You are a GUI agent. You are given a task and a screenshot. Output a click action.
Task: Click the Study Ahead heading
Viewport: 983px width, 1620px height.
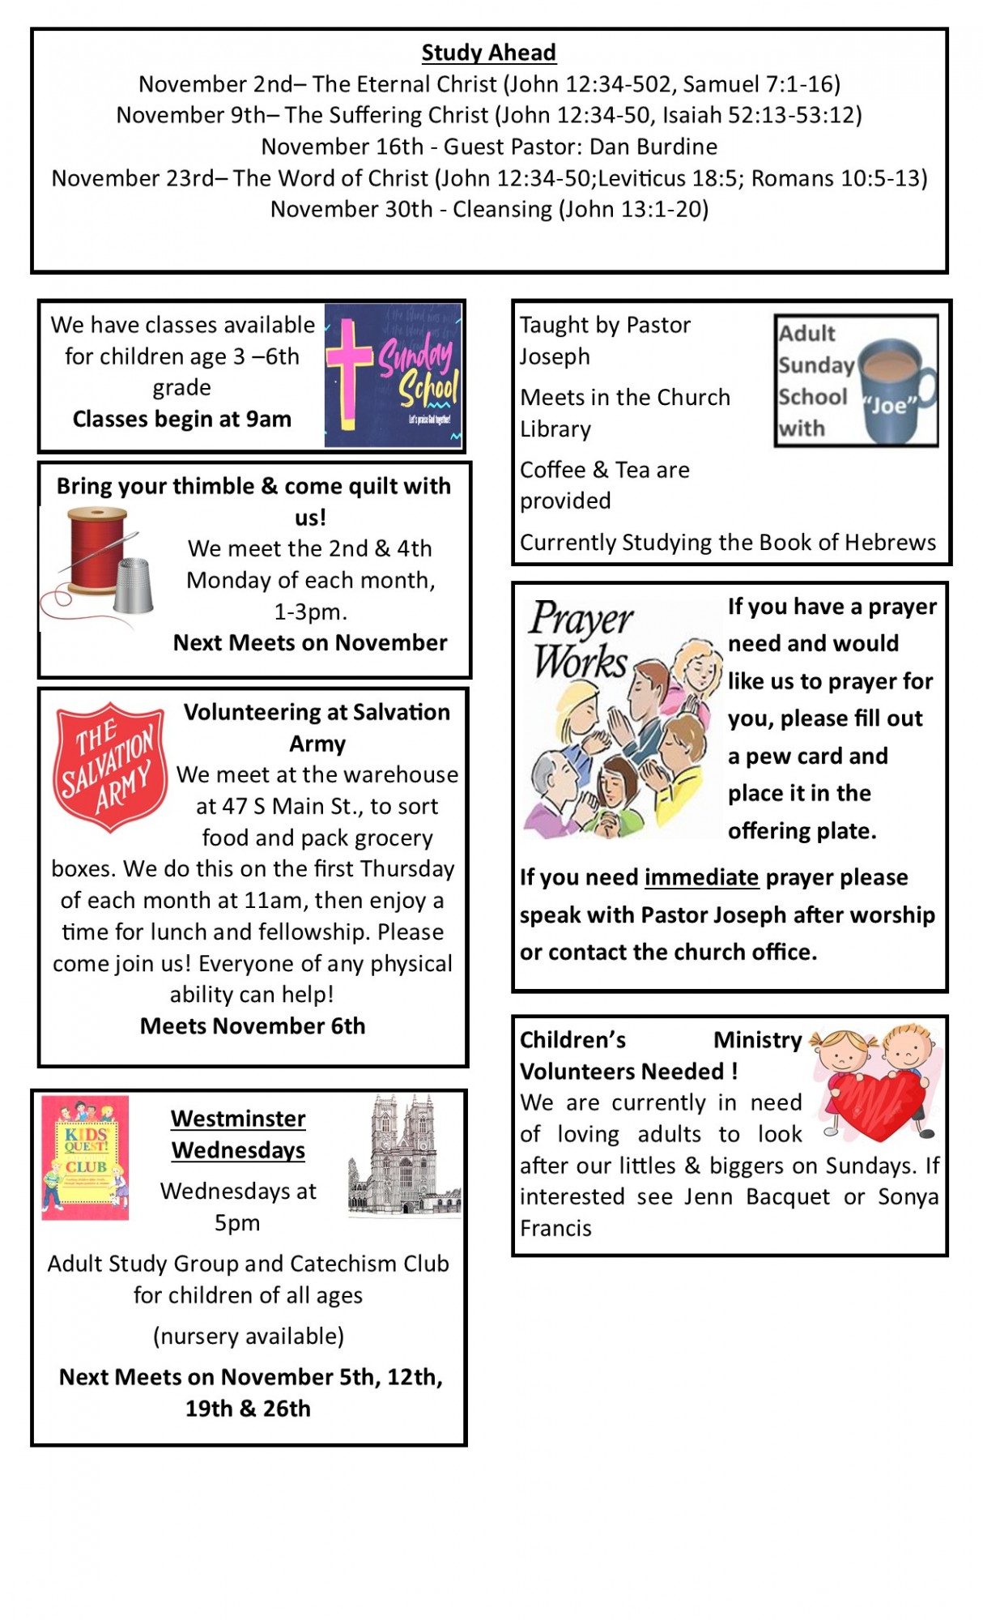[x=488, y=53]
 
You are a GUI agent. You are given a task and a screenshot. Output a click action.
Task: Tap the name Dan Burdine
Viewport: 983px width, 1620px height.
[x=653, y=147]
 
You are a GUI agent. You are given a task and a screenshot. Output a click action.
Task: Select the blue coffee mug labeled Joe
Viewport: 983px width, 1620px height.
[x=891, y=390]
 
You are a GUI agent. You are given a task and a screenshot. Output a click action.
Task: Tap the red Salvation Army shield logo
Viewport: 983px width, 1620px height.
[x=110, y=765]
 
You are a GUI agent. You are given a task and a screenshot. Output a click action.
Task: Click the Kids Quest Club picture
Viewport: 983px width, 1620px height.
[x=85, y=1157]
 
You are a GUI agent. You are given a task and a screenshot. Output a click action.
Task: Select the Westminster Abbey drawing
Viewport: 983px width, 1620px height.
[x=404, y=1154]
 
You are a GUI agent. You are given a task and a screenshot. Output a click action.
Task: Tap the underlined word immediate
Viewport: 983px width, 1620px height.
[x=701, y=877]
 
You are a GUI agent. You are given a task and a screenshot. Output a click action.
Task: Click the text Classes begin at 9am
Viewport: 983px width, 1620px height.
[x=181, y=419]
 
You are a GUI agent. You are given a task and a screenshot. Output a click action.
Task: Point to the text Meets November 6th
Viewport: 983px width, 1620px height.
[x=253, y=1026]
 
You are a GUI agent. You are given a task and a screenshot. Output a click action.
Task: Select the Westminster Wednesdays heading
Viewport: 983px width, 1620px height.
[x=238, y=1134]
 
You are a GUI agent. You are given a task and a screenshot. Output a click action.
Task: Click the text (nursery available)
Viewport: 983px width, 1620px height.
[x=249, y=1336]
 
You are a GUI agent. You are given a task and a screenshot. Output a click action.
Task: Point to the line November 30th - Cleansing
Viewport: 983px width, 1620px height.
[x=489, y=209]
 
